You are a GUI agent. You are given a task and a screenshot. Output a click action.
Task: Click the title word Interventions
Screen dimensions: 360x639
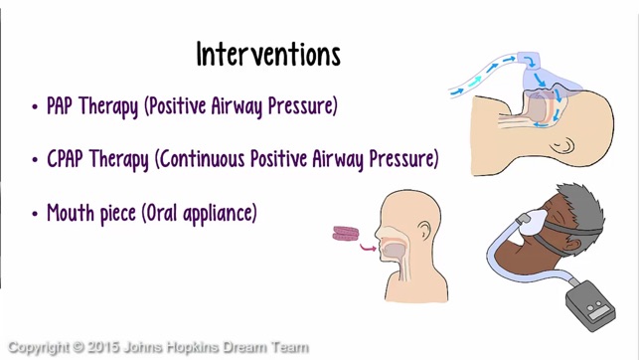coord(268,54)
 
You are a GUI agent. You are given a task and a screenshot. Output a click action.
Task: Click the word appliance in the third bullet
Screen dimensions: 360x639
coord(225,213)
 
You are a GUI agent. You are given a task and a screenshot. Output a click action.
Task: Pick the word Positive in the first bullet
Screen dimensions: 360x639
coord(184,106)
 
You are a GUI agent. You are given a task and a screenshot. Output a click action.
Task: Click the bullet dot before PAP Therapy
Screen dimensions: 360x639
coord(36,107)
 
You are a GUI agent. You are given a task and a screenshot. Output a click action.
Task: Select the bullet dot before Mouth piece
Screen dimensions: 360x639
coord(36,213)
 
